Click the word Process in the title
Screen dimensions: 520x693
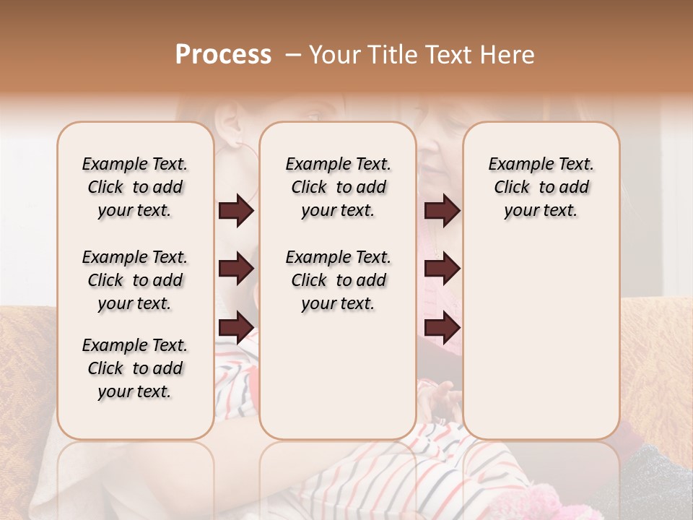(223, 55)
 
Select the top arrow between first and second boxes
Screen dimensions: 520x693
(236, 211)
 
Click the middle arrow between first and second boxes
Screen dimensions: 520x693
(236, 269)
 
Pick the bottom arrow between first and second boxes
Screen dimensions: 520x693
(236, 327)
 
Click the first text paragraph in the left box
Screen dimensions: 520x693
(135, 187)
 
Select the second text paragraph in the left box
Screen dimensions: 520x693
(135, 280)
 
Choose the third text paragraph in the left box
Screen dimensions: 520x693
(135, 368)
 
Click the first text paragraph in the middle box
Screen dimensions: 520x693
(338, 187)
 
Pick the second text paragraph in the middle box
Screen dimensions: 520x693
(338, 280)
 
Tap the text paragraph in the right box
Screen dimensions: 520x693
(541, 187)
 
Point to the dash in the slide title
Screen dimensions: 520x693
(292, 55)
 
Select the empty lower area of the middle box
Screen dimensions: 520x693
(338, 376)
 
